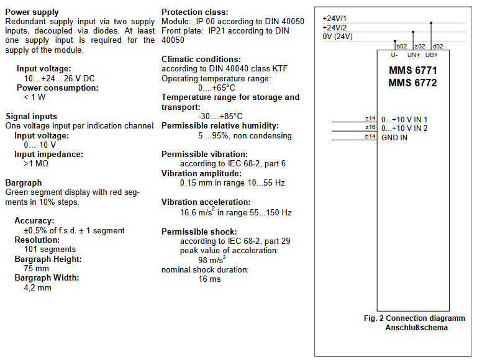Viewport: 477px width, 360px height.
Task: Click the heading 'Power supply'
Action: (x=32, y=12)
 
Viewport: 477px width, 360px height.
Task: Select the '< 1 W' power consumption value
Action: (x=35, y=97)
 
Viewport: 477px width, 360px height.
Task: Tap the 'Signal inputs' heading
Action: (x=31, y=117)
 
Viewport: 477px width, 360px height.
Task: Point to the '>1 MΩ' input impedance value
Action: (x=36, y=164)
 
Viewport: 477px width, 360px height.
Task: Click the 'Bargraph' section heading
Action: (x=24, y=182)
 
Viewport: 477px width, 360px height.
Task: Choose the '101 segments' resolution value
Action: (x=50, y=250)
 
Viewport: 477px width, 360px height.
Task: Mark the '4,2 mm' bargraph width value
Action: (x=37, y=287)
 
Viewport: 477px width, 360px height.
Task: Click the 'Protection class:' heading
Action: (x=194, y=12)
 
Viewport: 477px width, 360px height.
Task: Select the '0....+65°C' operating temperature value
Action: (x=217, y=88)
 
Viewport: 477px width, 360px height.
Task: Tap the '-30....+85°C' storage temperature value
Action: (x=220, y=117)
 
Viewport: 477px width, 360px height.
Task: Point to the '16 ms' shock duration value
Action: (x=209, y=279)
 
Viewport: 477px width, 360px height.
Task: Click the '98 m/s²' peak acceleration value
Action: (x=212, y=259)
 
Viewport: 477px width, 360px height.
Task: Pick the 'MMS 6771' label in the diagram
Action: (x=413, y=71)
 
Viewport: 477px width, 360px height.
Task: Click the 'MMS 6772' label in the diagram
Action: (x=413, y=83)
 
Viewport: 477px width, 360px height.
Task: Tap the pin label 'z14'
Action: (x=370, y=119)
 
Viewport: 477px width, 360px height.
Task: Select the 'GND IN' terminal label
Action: (x=394, y=138)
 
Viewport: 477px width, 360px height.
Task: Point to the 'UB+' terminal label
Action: (x=432, y=55)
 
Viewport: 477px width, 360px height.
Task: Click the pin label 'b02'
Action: (x=402, y=46)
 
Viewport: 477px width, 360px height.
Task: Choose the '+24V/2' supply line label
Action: (x=335, y=28)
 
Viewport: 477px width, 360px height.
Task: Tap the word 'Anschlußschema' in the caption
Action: (x=417, y=328)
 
